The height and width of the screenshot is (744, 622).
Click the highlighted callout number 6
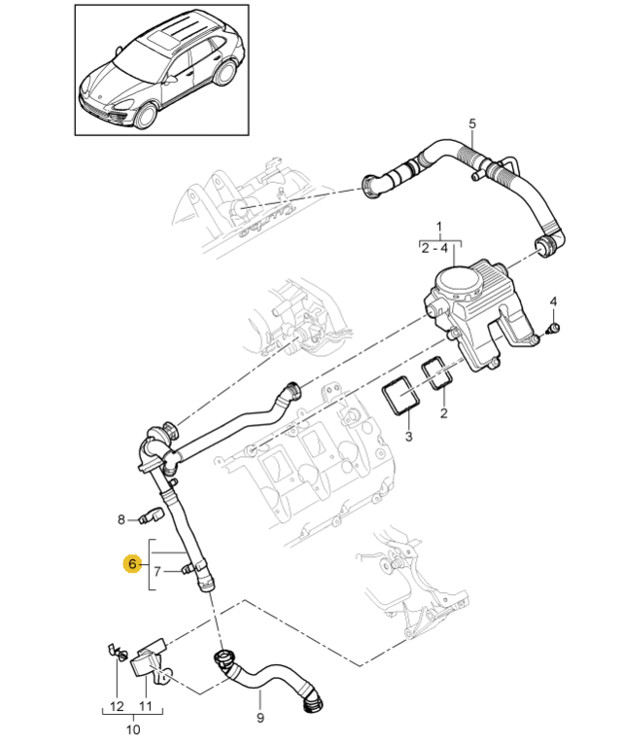pos(130,563)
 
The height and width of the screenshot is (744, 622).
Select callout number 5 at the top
pos(472,124)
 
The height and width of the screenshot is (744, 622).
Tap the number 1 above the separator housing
pos(439,228)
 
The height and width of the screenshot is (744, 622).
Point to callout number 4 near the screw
pos(553,301)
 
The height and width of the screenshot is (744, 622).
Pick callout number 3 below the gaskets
pos(409,438)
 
